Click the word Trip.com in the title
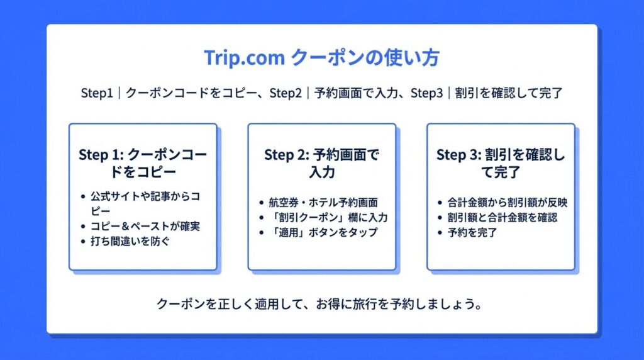pos(245,57)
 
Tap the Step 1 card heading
pos(143,163)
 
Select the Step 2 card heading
pos(321,163)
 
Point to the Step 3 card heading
pos(501,163)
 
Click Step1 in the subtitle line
pos(96,93)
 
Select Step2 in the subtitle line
pos(286,93)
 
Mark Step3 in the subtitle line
pos(427,93)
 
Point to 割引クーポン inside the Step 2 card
pos(309,217)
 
